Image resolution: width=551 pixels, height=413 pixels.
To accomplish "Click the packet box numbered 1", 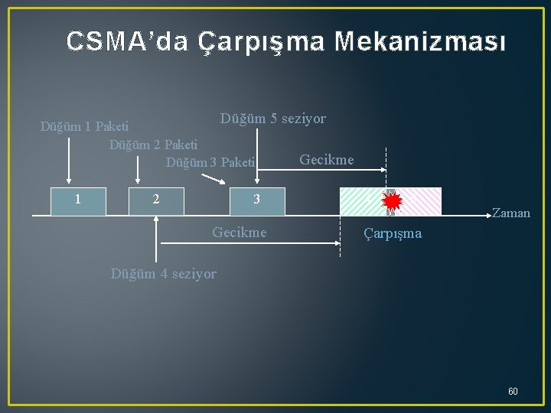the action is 78,201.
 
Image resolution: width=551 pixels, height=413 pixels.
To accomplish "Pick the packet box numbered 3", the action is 258,201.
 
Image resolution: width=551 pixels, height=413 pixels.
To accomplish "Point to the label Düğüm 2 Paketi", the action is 153,144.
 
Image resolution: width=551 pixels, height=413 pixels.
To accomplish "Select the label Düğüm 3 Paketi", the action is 210,161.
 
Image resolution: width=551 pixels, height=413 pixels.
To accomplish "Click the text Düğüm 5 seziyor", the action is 273,119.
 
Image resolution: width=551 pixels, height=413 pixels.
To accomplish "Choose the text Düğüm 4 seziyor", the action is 164,273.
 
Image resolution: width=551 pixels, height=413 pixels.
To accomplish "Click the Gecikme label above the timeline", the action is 327,160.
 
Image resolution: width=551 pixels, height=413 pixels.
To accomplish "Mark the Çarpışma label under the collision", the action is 393,233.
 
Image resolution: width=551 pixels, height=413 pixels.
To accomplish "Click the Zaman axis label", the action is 511,213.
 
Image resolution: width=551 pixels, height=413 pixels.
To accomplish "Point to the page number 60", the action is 513,392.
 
